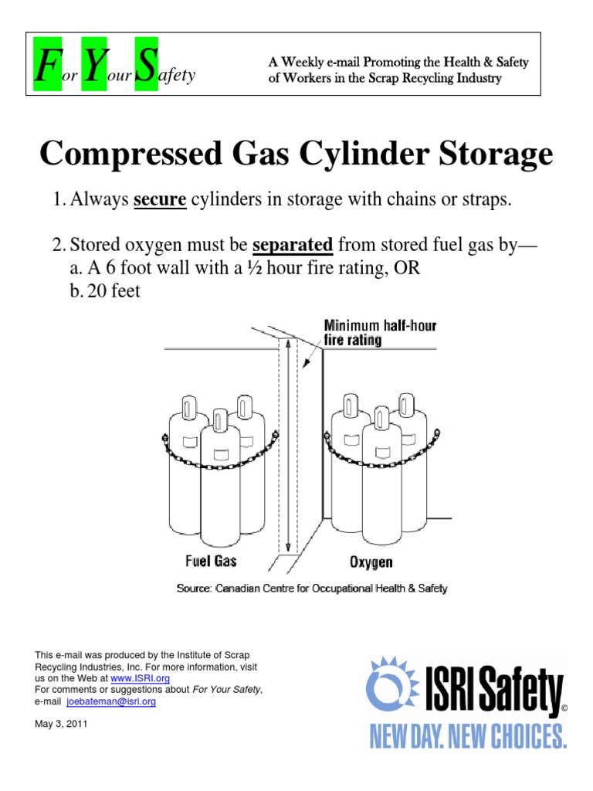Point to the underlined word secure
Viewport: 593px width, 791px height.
click(160, 199)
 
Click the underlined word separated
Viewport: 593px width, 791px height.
click(293, 246)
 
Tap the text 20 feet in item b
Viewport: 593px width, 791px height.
click(104, 292)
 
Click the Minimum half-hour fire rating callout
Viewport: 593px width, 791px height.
click(380, 332)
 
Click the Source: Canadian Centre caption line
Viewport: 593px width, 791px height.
click(312, 589)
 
